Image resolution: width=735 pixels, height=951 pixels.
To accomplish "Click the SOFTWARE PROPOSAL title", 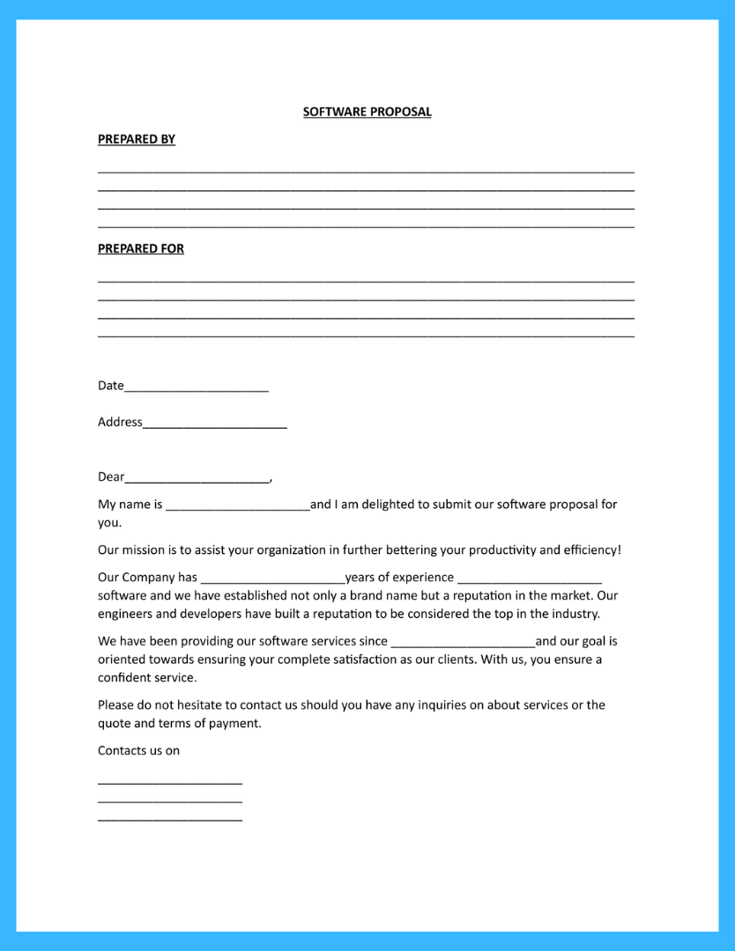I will click(367, 112).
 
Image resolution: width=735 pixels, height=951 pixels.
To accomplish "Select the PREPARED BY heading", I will click(137, 139).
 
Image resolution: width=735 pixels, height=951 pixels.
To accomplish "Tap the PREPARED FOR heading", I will click(141, 248).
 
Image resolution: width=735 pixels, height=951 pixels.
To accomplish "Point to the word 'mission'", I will click(143, 550).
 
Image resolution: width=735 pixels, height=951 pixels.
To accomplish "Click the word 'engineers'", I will click(125, 614).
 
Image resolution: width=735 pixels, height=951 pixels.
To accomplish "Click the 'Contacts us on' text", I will click(138, 751).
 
